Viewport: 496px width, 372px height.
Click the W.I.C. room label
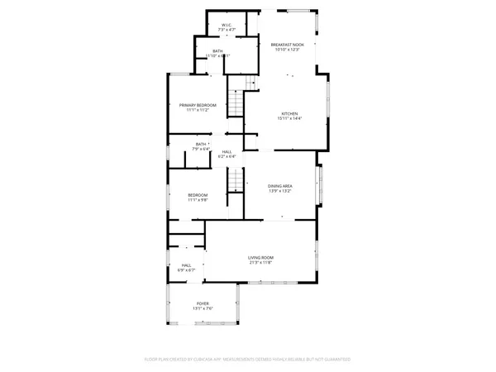(227, 25)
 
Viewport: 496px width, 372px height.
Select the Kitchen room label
(289, 113)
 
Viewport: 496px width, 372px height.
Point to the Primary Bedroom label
(198, 105)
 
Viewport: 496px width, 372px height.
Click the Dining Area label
(280, 186)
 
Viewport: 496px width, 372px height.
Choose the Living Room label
(260, 257)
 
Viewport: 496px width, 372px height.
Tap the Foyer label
(203, 303)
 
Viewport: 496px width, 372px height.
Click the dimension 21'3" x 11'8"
(260, 263)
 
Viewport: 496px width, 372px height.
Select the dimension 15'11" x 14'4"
(289, 119)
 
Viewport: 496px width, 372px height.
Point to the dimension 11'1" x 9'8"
(198, 200)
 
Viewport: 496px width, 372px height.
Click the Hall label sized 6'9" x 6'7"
(185, 265)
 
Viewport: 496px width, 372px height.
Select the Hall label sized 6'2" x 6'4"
(227, 151)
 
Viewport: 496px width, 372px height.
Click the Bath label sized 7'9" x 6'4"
(201, 145)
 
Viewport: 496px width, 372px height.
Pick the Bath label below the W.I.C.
(217, 51)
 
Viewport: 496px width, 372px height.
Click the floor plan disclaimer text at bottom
(248, 360)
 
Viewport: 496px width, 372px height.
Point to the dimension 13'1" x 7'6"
(203, 309)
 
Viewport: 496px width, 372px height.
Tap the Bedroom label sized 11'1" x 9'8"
(198, 194)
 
